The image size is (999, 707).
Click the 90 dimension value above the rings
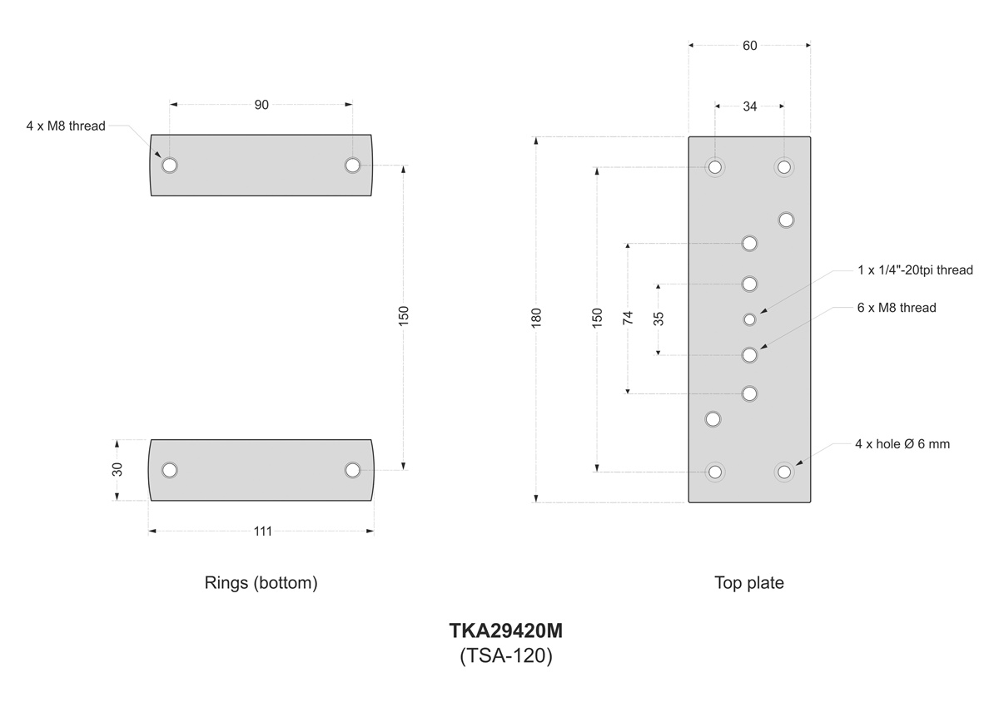261,105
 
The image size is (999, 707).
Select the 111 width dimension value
262,531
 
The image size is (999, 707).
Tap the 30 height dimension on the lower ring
117,469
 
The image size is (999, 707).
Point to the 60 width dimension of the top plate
749,46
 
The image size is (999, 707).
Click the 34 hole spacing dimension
749,106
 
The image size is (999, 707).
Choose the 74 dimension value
629,317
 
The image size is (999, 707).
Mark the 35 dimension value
659,319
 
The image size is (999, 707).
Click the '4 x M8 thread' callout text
66,126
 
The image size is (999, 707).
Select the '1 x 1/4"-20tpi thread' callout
915,269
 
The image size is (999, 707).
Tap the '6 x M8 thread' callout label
897,308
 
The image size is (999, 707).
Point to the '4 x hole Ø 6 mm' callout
902,444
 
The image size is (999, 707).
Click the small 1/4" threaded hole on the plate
749,319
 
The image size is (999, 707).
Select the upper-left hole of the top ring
170,165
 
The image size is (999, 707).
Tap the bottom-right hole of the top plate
783,472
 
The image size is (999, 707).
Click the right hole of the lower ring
352,470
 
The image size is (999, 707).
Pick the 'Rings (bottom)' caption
261,583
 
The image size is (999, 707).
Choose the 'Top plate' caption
748,583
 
